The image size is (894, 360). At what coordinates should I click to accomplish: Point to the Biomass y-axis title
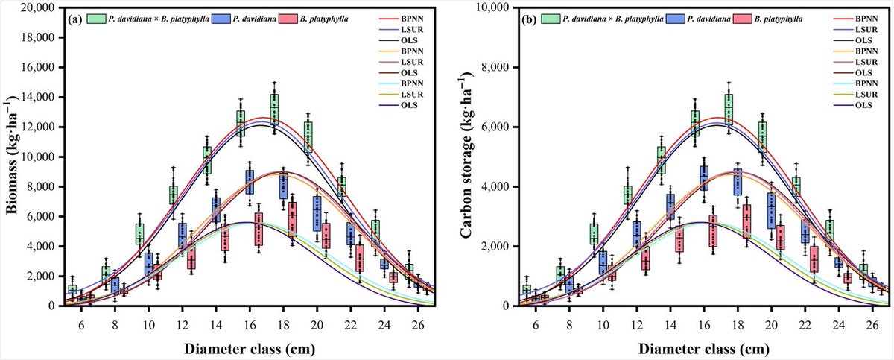coord(13,157)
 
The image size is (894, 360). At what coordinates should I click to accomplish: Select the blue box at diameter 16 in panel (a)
coord(250,181)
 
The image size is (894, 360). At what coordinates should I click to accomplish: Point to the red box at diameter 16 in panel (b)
coord(713,230)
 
